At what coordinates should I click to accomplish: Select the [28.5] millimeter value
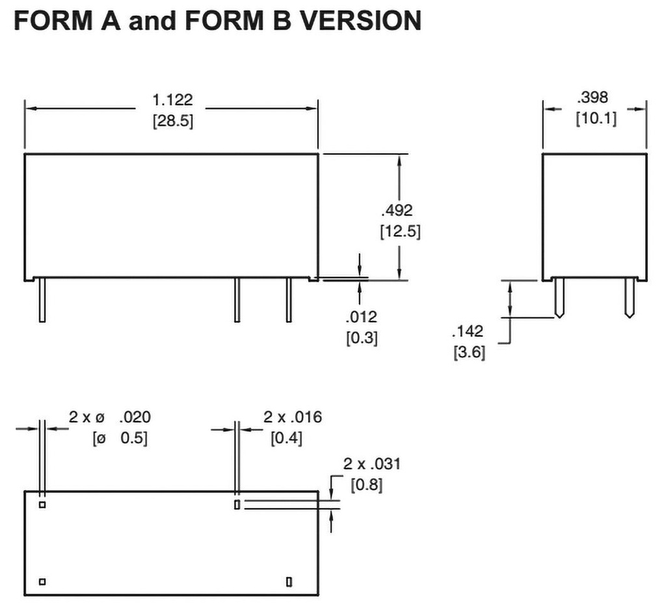point(172,122)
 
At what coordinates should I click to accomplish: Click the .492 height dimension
point(397,209)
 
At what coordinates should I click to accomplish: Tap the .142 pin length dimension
point(468,332)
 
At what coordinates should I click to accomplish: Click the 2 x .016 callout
point(293,417)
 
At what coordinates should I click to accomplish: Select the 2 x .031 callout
point(372,464)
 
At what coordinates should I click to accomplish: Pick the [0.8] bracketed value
point(366,485)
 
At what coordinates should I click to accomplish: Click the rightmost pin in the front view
point(288,300)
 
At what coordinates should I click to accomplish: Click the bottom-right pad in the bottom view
point(289,580)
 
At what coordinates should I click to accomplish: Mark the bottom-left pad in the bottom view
point(42,581)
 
